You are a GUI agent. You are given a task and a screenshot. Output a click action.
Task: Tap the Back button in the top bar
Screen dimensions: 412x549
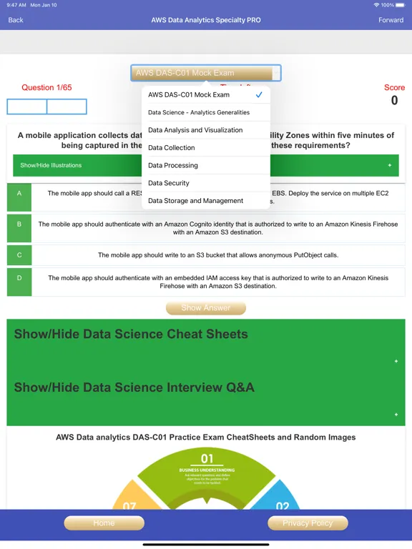click(16, 20)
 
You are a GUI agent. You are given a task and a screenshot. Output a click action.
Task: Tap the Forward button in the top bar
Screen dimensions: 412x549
click(391, 20)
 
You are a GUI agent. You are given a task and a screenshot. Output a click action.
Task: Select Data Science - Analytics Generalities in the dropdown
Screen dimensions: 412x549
click(199, 112)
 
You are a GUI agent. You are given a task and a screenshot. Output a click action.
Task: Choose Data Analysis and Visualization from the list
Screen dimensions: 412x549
click(195, 130)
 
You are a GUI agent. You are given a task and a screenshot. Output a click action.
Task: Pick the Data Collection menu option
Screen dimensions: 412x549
click(172, 148)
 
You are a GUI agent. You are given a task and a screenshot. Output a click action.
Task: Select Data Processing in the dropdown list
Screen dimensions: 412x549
click(173, 165)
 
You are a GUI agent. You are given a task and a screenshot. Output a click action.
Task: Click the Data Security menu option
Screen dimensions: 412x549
click(169, 183)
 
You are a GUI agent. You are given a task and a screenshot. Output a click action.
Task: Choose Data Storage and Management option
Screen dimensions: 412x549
click(195, 201)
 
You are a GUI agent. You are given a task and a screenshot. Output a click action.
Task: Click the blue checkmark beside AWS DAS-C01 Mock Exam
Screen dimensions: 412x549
click(259, 95)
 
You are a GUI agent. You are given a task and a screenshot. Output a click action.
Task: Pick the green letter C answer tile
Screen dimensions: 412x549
click(19, 255)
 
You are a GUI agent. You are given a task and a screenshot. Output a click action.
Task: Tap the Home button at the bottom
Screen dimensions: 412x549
click(104, 523)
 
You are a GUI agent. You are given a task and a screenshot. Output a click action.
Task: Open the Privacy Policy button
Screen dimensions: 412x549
click(308, 523)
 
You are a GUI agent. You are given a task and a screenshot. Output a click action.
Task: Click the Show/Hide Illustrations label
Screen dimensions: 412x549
click(51, 165)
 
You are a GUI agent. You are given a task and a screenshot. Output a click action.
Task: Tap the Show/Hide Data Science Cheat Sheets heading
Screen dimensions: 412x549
click(131, 334)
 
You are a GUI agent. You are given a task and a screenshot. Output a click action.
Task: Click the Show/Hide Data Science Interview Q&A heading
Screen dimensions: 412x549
click(134, 387)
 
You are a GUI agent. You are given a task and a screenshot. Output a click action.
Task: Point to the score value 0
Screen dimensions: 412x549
click(394, 101)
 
